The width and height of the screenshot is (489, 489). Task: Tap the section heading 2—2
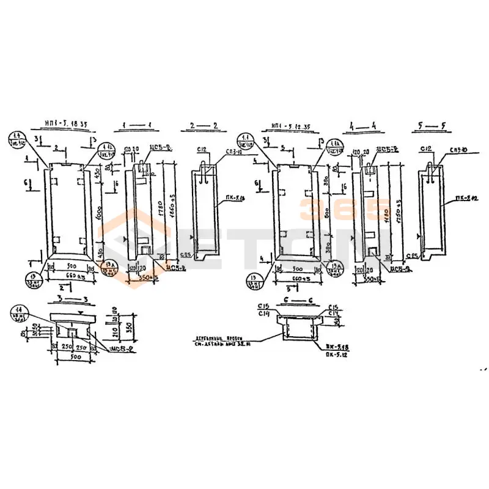[x=200, y=126]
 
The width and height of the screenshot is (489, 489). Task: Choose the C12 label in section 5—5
[x=426, y=149]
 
